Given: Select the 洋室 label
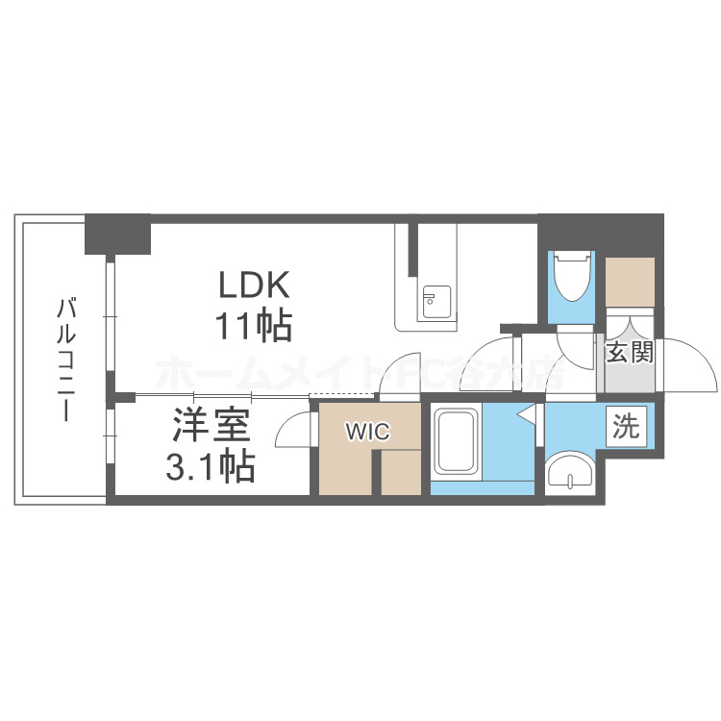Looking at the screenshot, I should tap(211, 426).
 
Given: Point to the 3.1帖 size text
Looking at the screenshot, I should tap(211, 467).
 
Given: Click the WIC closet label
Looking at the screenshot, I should tap(369, 432).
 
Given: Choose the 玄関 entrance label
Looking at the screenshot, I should tap(630, 352).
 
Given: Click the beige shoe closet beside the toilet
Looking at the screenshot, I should tap(631, 281).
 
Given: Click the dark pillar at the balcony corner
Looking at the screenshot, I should tap(117, 233).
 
